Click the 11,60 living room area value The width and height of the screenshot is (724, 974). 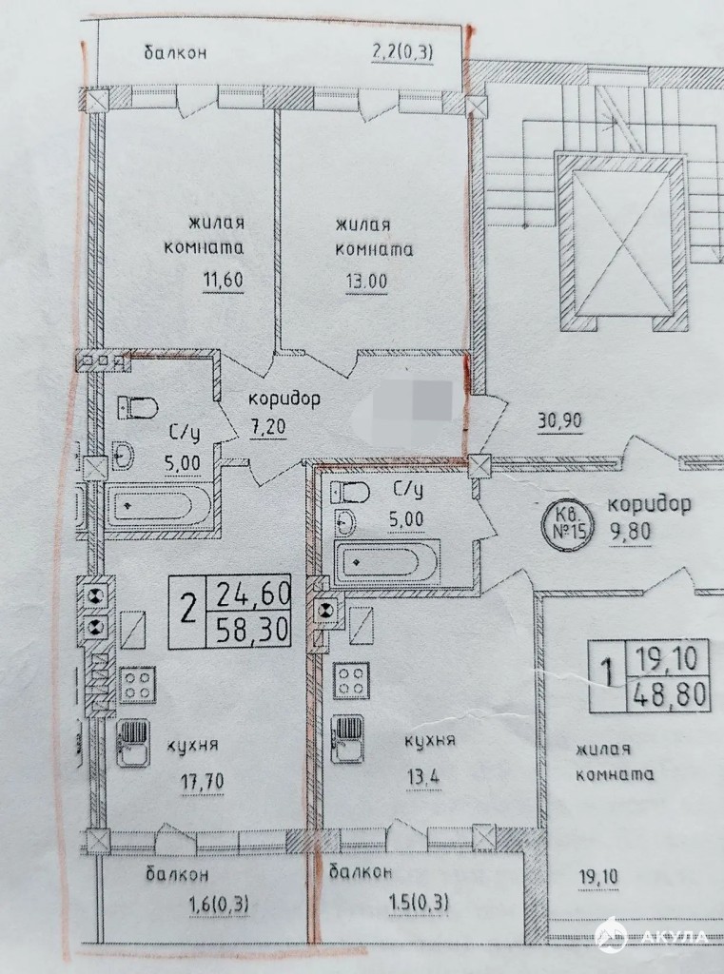(224, 281)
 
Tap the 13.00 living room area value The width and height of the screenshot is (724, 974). (366, 282)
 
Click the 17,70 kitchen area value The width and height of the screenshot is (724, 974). (203, 781)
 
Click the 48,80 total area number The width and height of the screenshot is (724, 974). (671, 693)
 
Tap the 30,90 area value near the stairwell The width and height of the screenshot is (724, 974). (559, 421)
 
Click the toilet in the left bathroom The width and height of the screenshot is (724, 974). (139, 406)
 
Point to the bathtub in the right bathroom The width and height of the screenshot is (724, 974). (385, 563)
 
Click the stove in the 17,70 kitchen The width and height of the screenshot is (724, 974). (137, 685)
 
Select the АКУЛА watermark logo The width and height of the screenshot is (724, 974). (652, 936)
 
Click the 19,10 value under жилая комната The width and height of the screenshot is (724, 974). (597, 877)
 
